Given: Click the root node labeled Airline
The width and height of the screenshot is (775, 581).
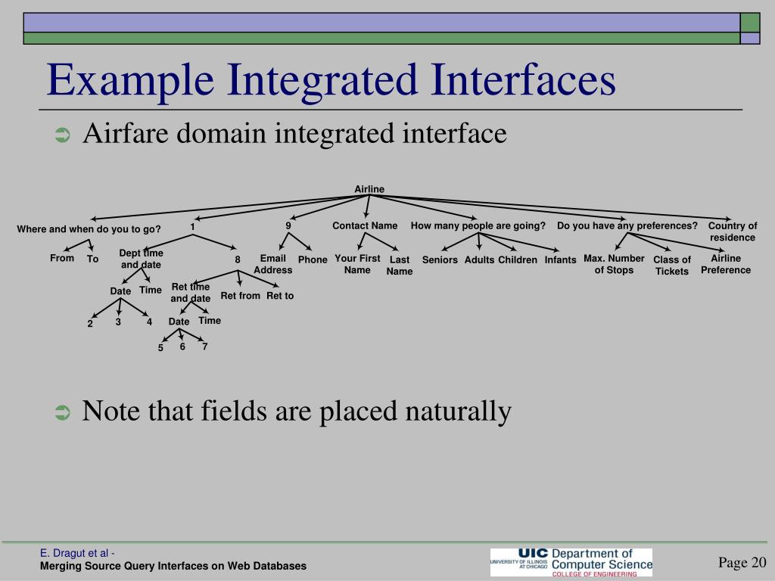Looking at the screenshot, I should pyautogui.click(x=369, y=189).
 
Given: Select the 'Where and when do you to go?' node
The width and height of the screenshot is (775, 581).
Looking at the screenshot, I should pyautogui.click(x=89, y=229).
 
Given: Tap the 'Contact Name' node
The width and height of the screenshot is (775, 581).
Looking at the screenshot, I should pyautogui.click(x=365, y=225).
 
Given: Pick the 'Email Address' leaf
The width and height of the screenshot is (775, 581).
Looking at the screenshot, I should pyautogui.click(x=272, y=264).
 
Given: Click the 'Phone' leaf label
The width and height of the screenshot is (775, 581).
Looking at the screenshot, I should pyautogui.click(x=313, y=259).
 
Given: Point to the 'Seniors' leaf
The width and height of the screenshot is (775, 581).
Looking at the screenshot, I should pyautogui.click(x=440, y=260).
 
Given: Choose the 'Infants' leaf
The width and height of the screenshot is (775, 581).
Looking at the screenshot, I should pyautogui.click(x=560, y=260).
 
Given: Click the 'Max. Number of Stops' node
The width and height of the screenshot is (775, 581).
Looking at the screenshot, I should pyautogui.click(x=614, y=264).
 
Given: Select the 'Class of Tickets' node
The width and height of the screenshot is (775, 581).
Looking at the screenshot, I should pyautogui.click(x=672, y=266).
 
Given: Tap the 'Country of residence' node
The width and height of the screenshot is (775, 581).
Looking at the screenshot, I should pyautogui.click(x=733, y=231).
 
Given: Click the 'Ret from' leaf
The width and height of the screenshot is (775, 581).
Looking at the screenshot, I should pyautogui.click(x=240, y=296).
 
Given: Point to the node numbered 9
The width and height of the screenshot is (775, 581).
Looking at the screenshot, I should pyautogui.click(x=288, y=225).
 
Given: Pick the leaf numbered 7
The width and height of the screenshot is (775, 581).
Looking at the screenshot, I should pyautogui.click(x=204, y=346).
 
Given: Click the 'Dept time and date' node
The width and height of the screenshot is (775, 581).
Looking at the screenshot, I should pyautogui.click(x=141, y=259).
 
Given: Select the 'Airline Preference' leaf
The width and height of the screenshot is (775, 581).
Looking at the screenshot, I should pyautogui.click(x=726, y=264).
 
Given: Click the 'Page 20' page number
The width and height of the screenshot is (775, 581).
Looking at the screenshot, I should pyautogui.click(x=742, y=561).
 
